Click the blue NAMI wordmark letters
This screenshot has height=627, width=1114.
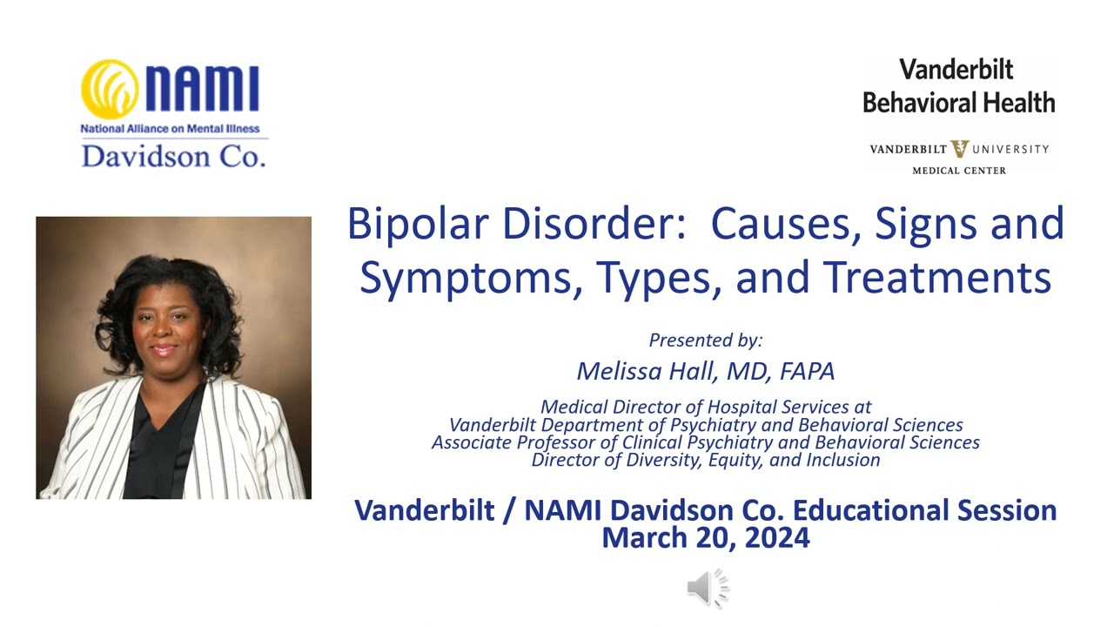202,90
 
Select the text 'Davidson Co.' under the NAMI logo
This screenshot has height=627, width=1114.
173,155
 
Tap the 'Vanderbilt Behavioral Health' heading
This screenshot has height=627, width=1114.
958,86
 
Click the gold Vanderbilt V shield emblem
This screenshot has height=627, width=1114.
960,149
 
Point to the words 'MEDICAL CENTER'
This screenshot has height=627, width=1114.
958,171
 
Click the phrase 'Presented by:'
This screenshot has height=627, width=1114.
705,340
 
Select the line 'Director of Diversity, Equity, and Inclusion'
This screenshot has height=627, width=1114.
705,460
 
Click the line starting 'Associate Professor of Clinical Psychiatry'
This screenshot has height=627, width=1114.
705,442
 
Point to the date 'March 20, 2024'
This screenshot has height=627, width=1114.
705,537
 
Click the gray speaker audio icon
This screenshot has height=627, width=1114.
707,589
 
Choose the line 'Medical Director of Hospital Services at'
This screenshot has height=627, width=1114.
705,407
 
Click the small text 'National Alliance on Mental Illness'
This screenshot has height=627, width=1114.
170,129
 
